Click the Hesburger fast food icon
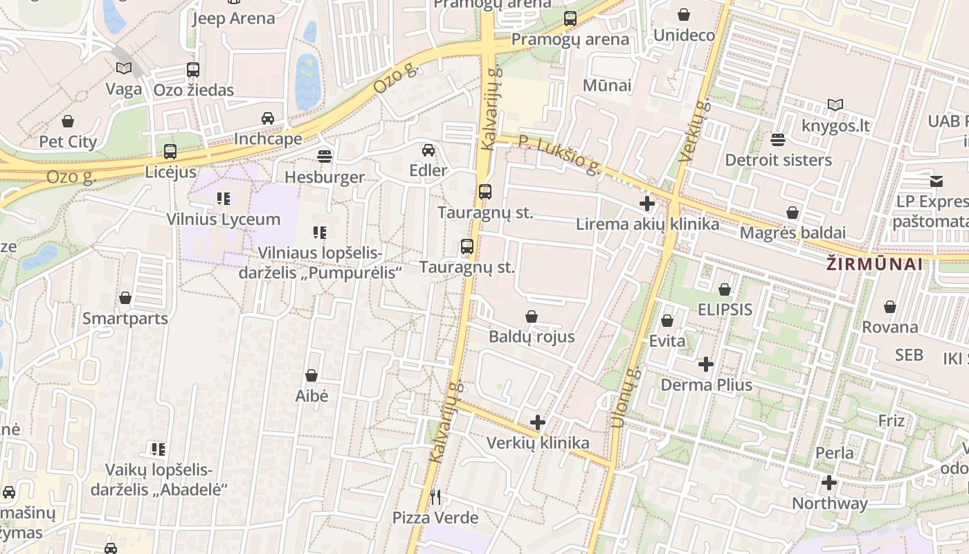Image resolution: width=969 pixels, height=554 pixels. pyautogui.click(x=324, y=155)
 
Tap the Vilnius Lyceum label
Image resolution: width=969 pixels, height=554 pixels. pyautogui.click(x=224, y=220)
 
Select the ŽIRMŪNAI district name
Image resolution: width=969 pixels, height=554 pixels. pyautogui.click(x=875, y=264)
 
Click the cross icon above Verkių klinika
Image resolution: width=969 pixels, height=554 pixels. pyautogui.click(x=537, y=422)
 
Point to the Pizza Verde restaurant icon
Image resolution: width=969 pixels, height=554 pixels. pyautogui.click(x=435, y=497)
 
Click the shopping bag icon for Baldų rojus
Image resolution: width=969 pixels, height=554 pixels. pyautogui.click(x=532, y=316)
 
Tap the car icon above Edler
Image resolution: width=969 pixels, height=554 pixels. pyautogui.click(x=428, y=150)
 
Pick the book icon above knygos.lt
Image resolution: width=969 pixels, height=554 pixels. pyautogui.click(x=835, y=105)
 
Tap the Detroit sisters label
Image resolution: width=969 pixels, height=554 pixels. pyautogui.click(x=778, y=160)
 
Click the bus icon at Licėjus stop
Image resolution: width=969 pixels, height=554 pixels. pyautogui.click(x=170, y=151)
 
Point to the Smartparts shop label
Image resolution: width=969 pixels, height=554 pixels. pyautogui.click(x=125, y=319)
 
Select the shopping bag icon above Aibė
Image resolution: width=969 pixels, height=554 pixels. pyautogui.click(x=311, y=375)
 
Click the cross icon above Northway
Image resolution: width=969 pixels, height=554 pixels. pyautogui.click(x=829, y=483)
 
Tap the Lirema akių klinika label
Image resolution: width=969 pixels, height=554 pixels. pyautogui.click(x=648, y=224)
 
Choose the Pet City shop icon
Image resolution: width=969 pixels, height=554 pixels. pyautogui.click(x=68, y=121)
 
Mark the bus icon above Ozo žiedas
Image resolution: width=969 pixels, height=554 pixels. pyautogui.click(x=193, y=69)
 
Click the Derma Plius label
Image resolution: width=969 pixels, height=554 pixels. pyautogui.click(x=707, y=384)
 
